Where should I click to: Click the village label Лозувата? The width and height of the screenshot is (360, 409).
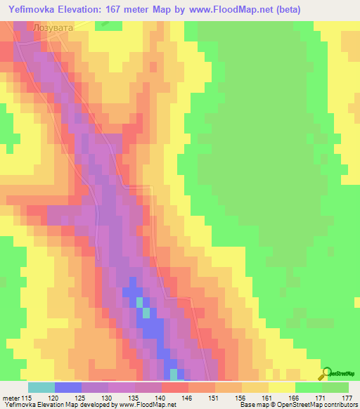tap(52, 27)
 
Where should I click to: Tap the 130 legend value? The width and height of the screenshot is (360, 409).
tap(108, 398)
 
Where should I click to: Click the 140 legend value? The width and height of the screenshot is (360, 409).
tap(162, 398)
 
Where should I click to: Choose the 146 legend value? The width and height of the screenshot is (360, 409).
tap(188, 398)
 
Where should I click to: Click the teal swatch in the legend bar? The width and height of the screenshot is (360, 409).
tap(41, 387)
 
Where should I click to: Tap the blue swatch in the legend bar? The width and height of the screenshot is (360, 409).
tap(68, 387)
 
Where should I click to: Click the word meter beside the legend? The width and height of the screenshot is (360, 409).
tap(11, 398)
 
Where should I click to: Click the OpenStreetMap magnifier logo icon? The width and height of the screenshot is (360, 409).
tap(327, 373)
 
